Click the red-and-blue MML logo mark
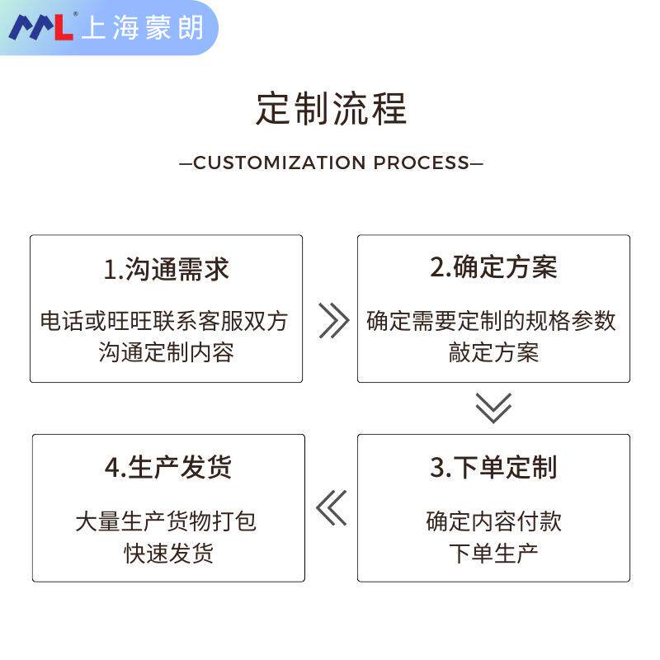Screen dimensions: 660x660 41,27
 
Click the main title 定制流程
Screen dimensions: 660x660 331,110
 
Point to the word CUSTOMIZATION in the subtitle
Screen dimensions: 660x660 280,163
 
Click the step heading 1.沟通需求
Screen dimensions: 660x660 166,269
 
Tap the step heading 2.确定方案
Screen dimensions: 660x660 493,267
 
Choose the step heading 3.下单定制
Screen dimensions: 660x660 493,468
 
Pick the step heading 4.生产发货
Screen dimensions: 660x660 168,468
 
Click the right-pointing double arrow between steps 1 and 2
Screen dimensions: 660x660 332,320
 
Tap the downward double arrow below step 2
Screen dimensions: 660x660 493,408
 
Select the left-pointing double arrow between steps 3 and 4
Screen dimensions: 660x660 332,508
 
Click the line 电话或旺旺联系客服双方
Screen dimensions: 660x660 165,320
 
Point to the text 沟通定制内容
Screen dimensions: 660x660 167,353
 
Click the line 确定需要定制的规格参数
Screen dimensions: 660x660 492,320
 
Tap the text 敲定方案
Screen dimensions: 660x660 493,353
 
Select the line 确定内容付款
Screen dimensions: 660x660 493,521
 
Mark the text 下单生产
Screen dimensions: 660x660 493,553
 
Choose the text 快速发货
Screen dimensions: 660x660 168,553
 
